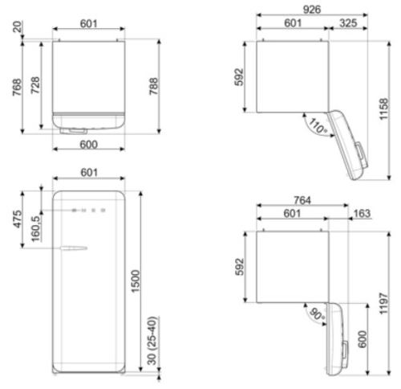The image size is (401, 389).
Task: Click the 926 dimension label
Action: click(312, 10)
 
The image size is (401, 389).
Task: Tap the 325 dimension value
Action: click(348, 23)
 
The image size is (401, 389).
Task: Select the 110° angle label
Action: click(318, 125)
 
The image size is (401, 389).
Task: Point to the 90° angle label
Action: click(318, 313)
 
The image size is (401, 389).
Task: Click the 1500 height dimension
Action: click(136, 281)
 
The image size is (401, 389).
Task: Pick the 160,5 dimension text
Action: click(36, 228)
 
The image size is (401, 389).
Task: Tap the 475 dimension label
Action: click(18, 219)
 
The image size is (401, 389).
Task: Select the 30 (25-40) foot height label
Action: click(152, 341)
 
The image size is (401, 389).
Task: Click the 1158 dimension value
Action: click(384, 109)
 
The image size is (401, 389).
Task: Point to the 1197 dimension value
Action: click(384, 303)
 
